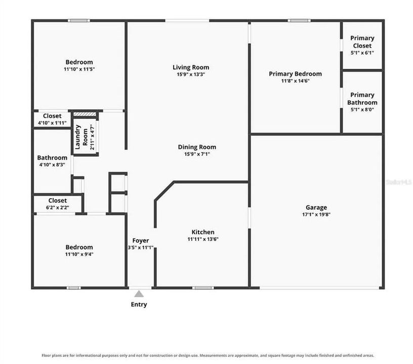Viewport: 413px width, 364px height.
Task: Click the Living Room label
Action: point(191,67)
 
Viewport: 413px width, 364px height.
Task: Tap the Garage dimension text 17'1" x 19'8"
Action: point(316,214)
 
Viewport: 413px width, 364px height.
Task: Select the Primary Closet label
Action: point(362,42)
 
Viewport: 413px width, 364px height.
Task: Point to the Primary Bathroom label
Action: point(362,99)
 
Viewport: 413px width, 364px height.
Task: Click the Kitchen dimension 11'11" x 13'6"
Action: point(203,239)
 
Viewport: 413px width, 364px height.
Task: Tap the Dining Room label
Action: point(197,147)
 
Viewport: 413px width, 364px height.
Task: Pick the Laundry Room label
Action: point(81,137)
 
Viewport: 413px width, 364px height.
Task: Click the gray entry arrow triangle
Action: point(139,294)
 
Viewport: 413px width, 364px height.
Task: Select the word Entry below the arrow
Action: point(139,304)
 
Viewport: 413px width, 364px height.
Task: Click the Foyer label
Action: point(140,240)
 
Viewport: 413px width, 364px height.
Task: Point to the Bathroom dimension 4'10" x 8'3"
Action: point(52,165)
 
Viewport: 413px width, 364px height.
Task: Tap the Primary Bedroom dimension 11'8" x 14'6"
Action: point(295,81)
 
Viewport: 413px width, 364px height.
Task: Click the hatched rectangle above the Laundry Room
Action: point(85,114)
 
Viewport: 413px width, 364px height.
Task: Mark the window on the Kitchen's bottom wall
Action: point(203,288)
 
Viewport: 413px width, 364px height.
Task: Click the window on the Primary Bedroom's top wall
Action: point(299,21)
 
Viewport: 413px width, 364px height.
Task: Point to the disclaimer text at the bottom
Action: point(208,355)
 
